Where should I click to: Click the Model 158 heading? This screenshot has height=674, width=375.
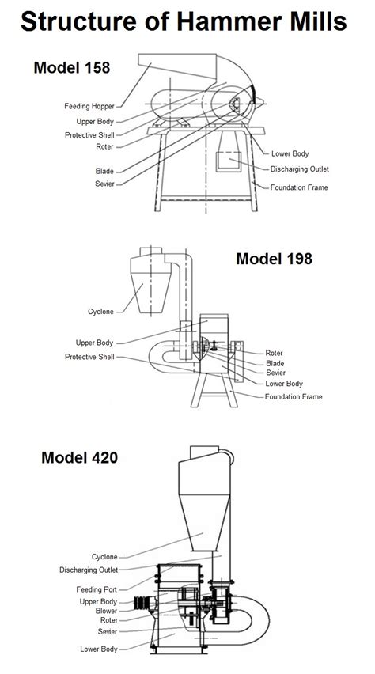click(x=72, y=67)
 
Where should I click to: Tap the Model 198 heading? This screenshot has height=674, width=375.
click(x=274, y=259)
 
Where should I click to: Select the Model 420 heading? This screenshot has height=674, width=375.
click(x=80, y=457)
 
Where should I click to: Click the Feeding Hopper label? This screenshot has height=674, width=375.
click(x=89, y=106)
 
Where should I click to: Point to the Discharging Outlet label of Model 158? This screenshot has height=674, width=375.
click(x=299, y=169)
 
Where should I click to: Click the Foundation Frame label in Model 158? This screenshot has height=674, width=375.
click(x=299, y=187)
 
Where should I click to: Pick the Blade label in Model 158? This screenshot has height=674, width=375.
click(x=104, y=171)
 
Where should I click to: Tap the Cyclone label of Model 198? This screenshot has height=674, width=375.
click(x=100, y=312)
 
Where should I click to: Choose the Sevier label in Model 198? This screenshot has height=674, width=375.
click(x=275, y=373)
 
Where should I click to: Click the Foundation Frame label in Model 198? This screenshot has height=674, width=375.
click(x=294, y=396)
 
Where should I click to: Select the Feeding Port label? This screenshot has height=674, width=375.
click(x=97, y=589)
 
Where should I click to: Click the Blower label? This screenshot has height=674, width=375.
click(x=106, y=611)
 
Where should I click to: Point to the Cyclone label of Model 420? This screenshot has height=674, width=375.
click(x=104, y=557)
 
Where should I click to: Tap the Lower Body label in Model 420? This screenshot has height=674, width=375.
click(x=98, y=649)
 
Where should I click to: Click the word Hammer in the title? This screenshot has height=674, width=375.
click(x=225, y=21)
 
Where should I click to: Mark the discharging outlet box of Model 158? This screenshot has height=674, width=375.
click(x=229, y=161)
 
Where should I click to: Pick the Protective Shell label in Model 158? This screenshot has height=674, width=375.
click(x=89, y=135)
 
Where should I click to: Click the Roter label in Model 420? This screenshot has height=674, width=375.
click(x=109, y=620)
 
